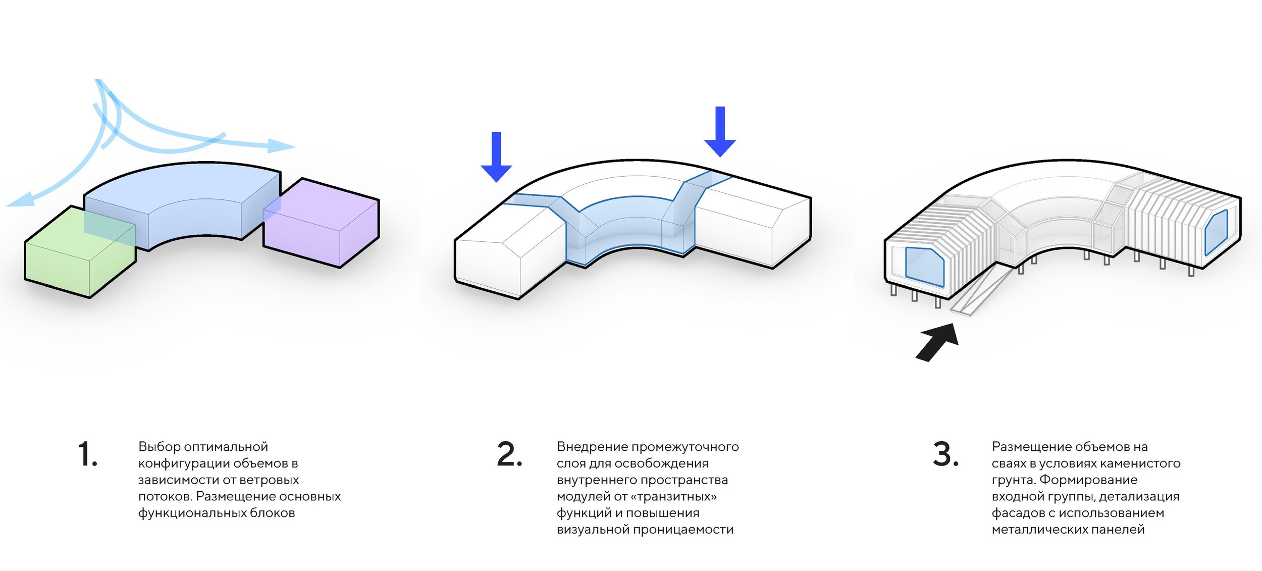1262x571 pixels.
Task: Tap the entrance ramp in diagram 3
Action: pos(982,293)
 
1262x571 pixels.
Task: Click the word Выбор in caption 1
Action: pos(160,447)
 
